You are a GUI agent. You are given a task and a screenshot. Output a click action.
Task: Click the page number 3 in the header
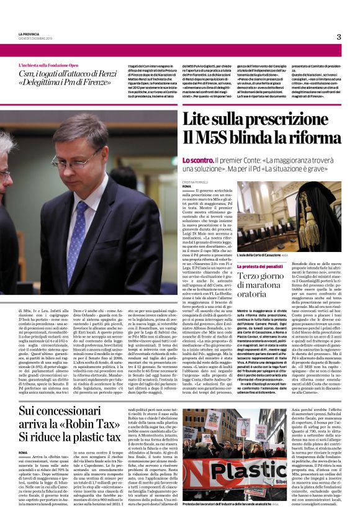(338, 37)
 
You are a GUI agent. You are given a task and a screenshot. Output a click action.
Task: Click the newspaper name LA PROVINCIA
(30, 34)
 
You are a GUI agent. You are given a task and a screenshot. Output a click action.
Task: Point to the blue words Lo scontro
(198, 160)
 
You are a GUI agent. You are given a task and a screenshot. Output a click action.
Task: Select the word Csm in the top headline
(25, 74)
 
